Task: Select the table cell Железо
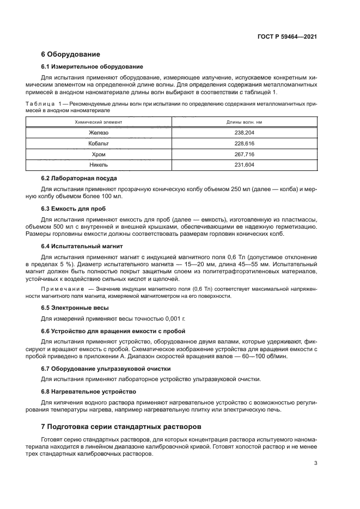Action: (99, 133)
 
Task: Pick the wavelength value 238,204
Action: (244, 133)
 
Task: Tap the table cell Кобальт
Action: (99, 144)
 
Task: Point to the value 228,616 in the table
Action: (244, 144)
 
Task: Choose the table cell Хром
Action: (99, 154)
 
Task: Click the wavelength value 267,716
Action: (244, 154)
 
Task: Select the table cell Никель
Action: (99, 164)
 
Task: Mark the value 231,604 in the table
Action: (244, 164)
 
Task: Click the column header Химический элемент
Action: (99, 122)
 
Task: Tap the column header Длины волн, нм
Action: (244, 122)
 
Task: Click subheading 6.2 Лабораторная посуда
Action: (79, 178)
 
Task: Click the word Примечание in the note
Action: (63, 287)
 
